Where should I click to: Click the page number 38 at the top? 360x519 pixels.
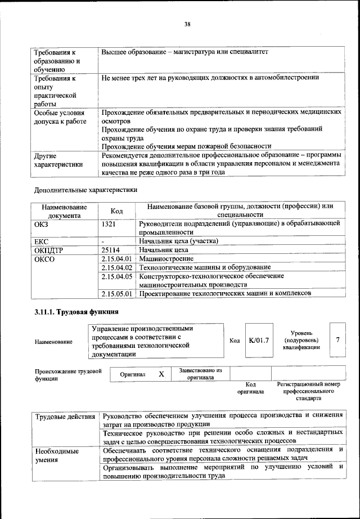pos(187,24)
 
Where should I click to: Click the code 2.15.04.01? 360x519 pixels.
pos(117,258)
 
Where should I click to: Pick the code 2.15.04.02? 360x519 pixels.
pos(117,267)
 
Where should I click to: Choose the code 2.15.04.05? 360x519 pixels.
pos(117,276)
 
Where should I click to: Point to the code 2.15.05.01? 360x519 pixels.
pos(117,293)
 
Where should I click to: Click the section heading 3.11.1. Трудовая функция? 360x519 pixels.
pos(75,312)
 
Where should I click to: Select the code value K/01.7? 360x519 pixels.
pos(259,341)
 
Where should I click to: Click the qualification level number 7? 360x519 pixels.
pos(337,340)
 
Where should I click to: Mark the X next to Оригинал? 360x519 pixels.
pos(161,374)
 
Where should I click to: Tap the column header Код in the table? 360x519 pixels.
pos(116,211)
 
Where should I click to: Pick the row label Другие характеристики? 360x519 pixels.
pos(58,160)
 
